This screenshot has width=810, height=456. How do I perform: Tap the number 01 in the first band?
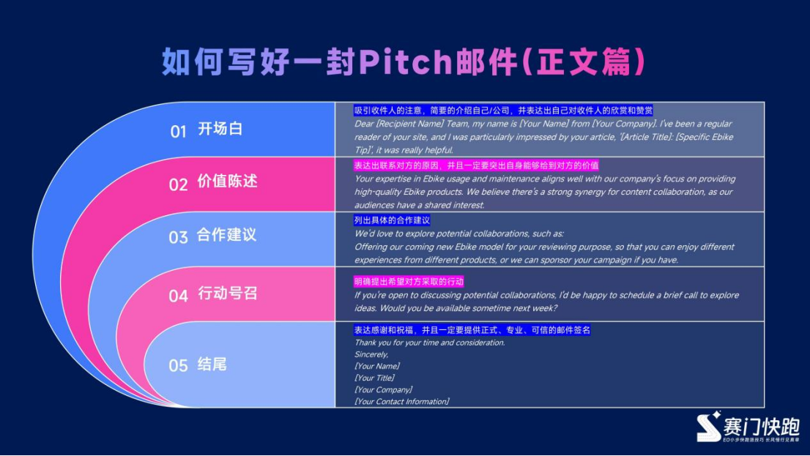pos(179,131)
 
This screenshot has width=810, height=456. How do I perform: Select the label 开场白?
pos(220,130)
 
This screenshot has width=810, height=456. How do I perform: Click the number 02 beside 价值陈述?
pos(179,184)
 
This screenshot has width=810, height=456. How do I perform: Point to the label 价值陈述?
pos(227,182)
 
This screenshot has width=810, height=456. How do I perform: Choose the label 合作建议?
pos(227,236)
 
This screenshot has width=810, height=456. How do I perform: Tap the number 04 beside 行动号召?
pos(179,296)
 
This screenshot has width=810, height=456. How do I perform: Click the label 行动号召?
pos(227,294)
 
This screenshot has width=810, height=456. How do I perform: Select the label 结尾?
pos(212,364)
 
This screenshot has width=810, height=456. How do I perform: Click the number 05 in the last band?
pos(179,365)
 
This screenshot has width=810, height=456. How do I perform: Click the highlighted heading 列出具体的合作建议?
pos(392,220)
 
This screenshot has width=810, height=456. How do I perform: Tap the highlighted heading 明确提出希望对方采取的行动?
pos(409,282)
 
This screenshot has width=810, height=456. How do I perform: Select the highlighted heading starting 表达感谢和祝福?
pos(472,330)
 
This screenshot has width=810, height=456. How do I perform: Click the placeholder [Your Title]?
pos(374,378)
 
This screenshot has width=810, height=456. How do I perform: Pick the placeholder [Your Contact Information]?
pos(401,401)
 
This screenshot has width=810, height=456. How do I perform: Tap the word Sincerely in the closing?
pos(371,354)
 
